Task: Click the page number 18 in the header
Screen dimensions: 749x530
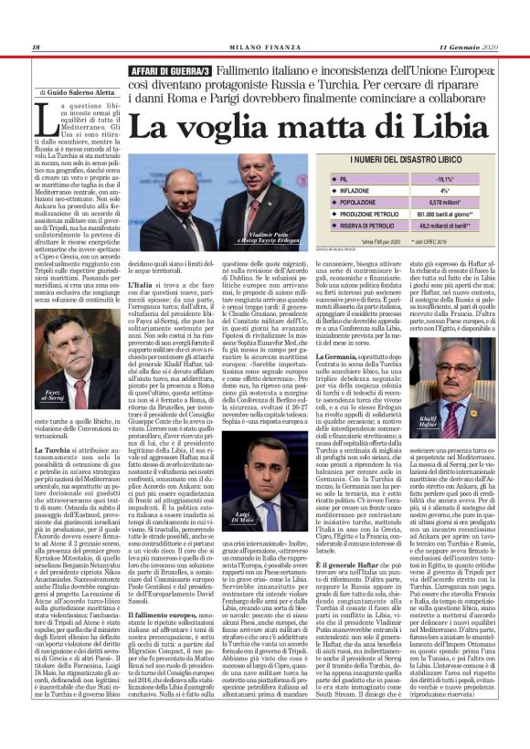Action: [36, 47]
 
